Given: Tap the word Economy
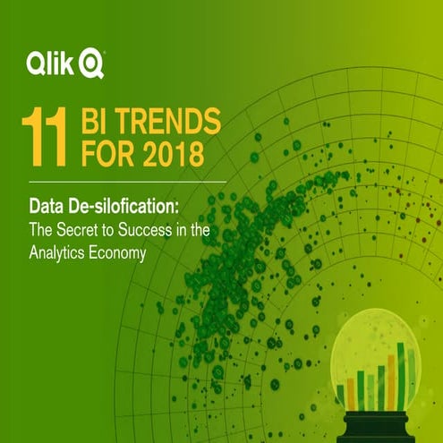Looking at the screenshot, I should tap(118, 253).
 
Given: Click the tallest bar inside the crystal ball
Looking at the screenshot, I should tap(400, 378).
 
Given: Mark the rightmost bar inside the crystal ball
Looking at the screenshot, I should tap(411, 380).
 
